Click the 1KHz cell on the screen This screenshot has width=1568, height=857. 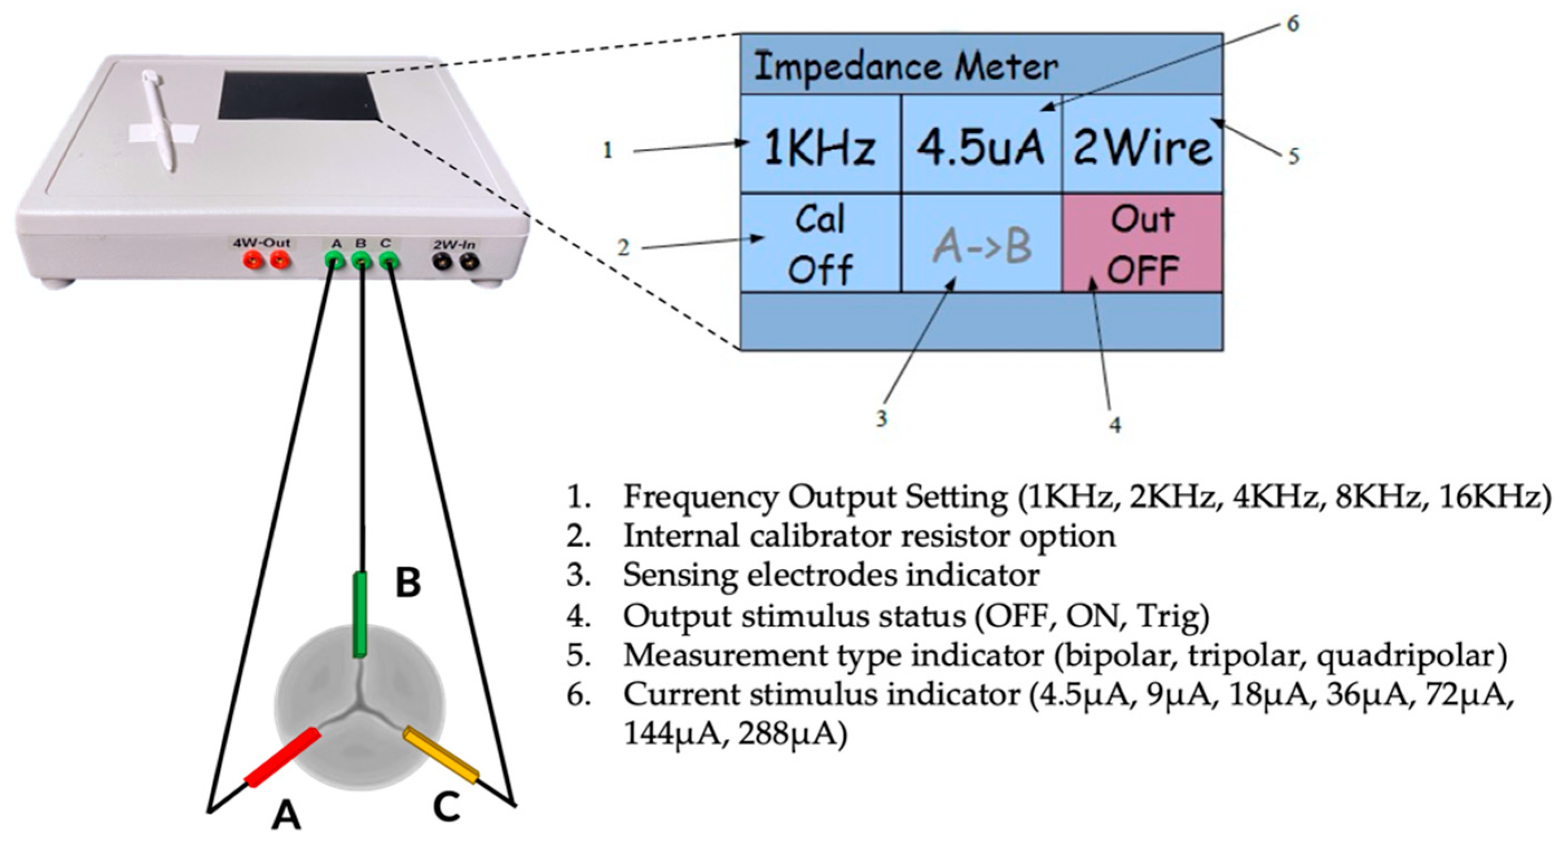click(819, 146)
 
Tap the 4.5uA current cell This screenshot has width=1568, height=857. click(980, 146)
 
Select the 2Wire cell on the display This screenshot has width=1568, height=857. click(1142, 146)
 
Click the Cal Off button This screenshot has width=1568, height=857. click(819, 243)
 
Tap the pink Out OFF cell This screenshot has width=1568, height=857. click(1142, 243)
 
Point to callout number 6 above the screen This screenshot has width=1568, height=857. click(1292, 23)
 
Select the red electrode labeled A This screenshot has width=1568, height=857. click(282, 757)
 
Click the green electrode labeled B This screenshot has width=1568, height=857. click(360, 615)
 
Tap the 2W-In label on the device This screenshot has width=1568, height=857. click(454, 245)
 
